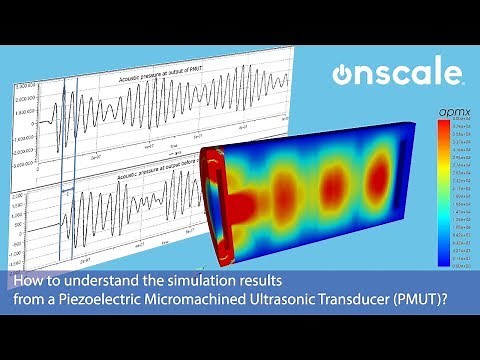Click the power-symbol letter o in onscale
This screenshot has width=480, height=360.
(345, 75)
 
